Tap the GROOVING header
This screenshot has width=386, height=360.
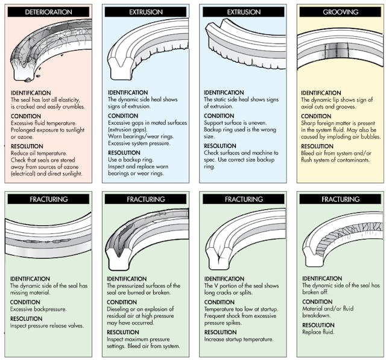pos(341,11)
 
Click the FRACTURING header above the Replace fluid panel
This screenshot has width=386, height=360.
pos(341,198)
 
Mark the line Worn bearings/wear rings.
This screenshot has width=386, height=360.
pos(136,136)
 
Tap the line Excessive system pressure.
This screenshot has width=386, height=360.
pos(137,144)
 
